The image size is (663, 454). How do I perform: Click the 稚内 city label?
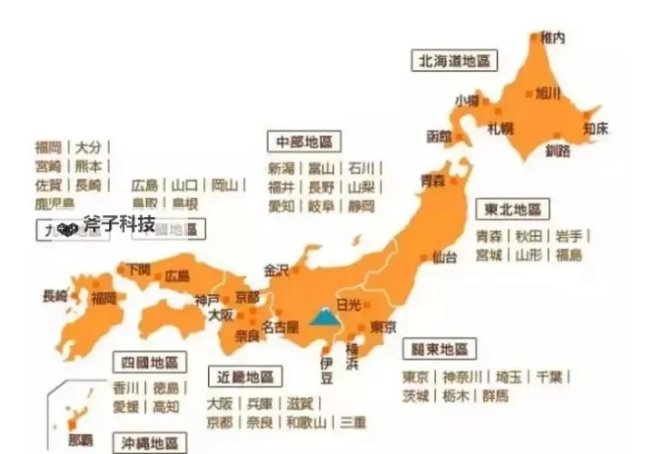tap(551, 38)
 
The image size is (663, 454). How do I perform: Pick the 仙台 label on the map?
tap(444, 256)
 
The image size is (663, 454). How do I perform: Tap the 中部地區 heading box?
tap(304, 142)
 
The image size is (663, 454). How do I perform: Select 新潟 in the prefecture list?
tap(282, 168)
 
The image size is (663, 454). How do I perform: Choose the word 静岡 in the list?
tap(361, 206)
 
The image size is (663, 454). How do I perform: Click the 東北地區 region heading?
tap(513, 210)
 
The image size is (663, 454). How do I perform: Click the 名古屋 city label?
tap(280, 326)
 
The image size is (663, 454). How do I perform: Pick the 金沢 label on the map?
tap(275, 270)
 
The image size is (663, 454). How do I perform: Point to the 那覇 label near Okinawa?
tap(80, 440)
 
